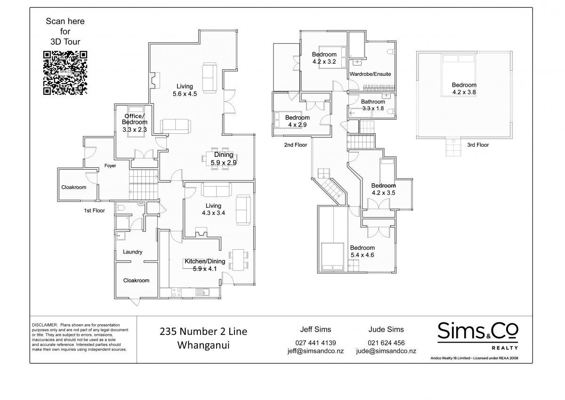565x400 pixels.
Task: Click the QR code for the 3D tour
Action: [65, 73]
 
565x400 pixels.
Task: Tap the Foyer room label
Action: [110, 166]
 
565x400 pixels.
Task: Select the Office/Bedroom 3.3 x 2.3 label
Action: [135, 122]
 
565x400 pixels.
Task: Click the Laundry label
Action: [132, 252]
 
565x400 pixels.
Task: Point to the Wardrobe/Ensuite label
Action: [370, 74]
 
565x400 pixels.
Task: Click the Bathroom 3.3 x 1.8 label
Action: [373, 105]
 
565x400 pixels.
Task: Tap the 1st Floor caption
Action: [94, 211]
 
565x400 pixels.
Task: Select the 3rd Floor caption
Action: [478, 145]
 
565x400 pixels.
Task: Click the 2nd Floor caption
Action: [295, 145]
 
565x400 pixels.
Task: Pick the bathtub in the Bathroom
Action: [361, 113]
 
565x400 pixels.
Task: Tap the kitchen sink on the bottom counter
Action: [202, 292]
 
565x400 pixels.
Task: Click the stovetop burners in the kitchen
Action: [176, 292]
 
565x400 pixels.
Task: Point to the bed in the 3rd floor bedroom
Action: [458, 75]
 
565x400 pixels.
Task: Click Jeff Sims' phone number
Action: [315, 343]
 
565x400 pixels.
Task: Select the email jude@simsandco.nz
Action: [386, 351]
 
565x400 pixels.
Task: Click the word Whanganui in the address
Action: [203, 345]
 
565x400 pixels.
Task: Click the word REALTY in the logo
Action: [505, 348]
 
